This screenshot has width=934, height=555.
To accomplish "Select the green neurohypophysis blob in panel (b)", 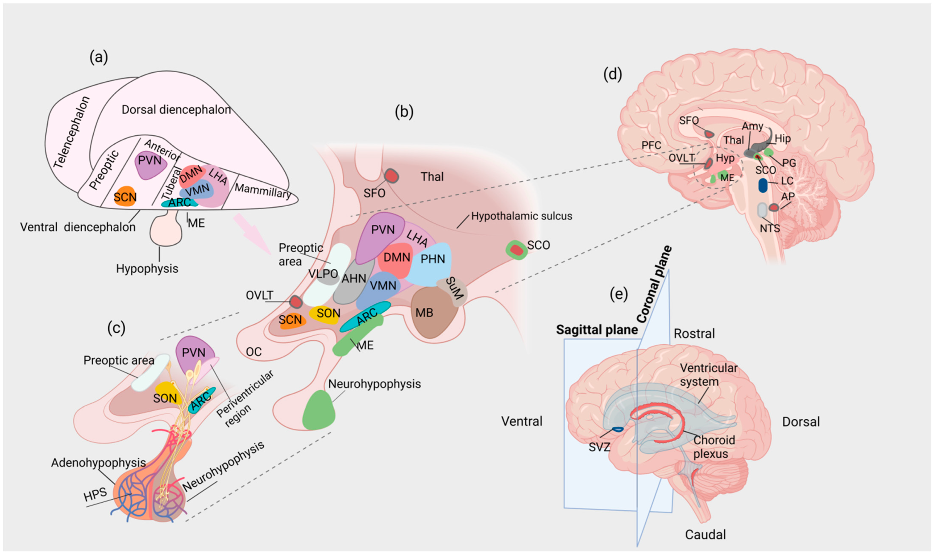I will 319,411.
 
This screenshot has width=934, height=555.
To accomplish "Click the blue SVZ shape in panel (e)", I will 617,429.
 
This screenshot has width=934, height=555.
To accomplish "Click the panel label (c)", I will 116,328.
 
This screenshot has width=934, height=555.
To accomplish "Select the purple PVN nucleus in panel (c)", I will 194,353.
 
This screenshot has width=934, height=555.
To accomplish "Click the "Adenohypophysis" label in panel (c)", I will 98,463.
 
